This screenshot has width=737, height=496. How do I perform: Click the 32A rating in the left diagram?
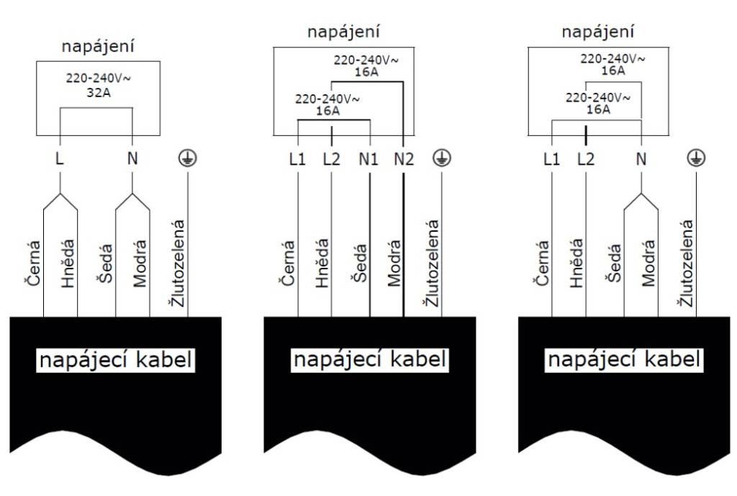coord(98,92)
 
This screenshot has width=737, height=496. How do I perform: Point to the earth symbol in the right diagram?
coord(695,159)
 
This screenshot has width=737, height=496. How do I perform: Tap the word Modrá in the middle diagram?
coord(393,266)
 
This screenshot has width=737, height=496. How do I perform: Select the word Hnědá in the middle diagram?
coord(322,266)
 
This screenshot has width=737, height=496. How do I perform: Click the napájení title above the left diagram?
coord(99,47)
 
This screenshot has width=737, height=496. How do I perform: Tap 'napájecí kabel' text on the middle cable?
coord(370,359)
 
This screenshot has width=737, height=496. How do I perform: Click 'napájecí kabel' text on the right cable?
coord(625,359)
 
